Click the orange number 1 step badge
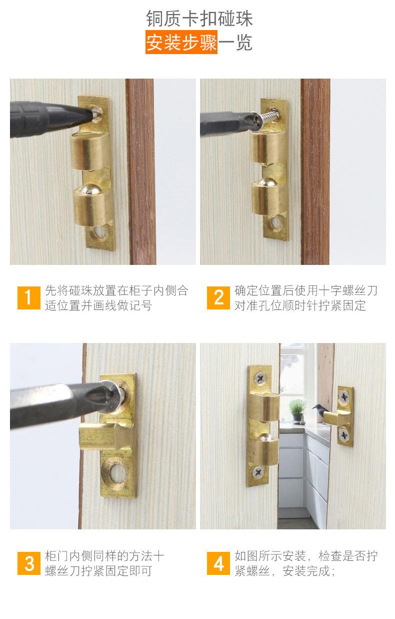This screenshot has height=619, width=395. click(28, 298)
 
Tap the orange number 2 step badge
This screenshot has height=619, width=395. click(218, 298)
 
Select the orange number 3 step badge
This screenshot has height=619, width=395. click(28, 563)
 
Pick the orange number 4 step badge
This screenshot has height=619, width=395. click(218, 563)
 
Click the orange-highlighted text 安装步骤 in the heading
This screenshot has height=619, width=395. click(181, 43)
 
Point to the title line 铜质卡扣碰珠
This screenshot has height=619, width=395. click(199, 19)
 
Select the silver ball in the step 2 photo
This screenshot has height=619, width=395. click(266, 182)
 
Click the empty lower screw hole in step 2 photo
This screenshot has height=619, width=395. click(276, 222)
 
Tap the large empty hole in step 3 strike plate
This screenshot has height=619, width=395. click(118, 473)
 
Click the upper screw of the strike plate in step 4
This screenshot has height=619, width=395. click(344, 397)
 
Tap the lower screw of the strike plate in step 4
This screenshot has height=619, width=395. click(344, 435)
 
